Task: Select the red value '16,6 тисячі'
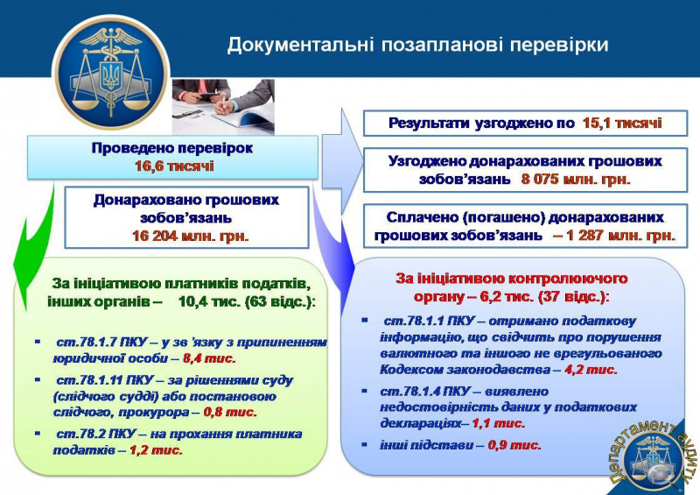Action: click(x=173, y=166)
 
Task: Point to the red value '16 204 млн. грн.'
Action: click(x=190, y=235)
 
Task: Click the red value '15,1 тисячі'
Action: click(x=622, y=124)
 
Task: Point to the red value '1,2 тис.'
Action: click(x=156, y=449)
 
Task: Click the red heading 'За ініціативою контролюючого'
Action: click(x=513, y=278)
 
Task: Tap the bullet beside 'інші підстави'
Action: click(x=366, y=444)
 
